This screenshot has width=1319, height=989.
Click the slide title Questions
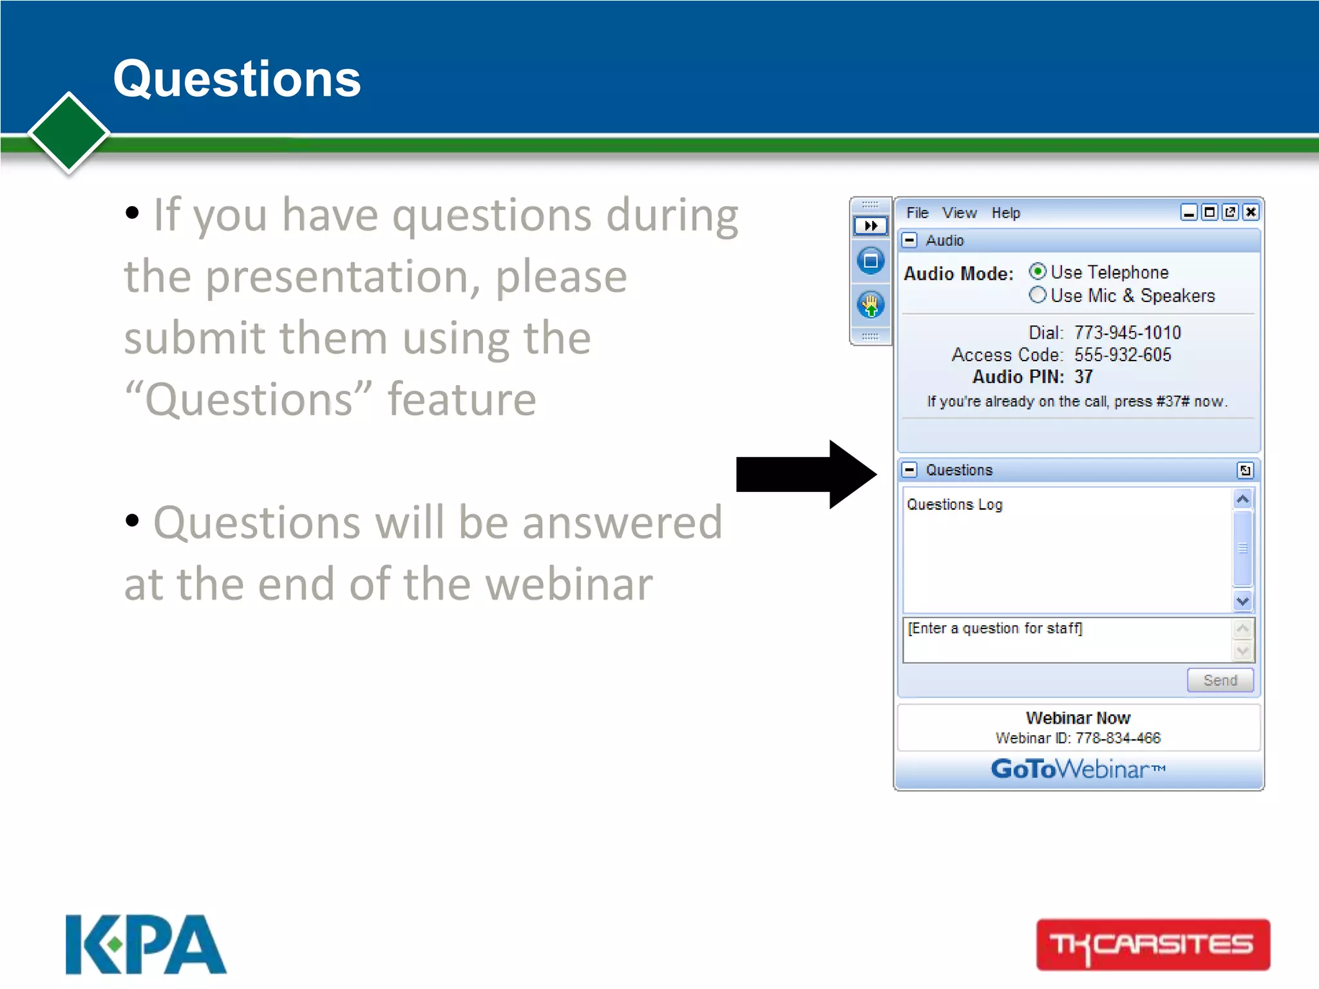point(237,79)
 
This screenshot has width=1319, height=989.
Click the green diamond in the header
point(69,133)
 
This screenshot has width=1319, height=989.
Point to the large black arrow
point(805,475)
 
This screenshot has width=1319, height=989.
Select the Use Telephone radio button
point(1037,271)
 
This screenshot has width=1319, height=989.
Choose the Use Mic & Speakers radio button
point(1037,295)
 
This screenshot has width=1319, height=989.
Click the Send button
point(1220,680)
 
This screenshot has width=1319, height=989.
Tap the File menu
point(917,212)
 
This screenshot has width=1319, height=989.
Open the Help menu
point(1005,212)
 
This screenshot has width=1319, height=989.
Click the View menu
point(959,212)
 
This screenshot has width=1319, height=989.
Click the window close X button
point(1250,212)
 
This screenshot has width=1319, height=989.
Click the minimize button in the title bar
point(1189,212)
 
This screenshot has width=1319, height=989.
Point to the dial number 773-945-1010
point(1127,332)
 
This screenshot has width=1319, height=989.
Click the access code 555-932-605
point(1122,355)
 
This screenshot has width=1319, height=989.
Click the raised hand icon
point(870,305)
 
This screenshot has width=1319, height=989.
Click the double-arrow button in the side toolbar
point(870,225)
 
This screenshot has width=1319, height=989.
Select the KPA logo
point(146,944)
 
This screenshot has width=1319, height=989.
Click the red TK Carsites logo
point(1153,945)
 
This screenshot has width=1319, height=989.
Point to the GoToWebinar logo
point(1077,769)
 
